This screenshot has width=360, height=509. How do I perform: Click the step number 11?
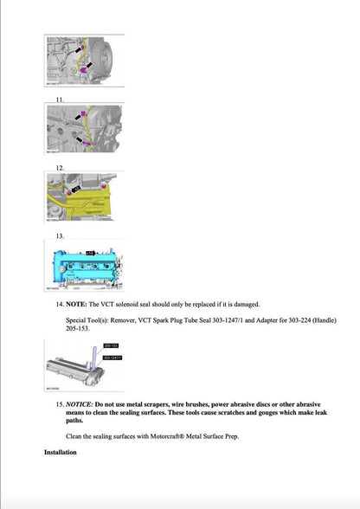click(x=60, y=100)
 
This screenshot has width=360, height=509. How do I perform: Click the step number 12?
click(x=60, y=167)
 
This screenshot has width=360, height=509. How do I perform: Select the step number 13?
click(x=60, y=235)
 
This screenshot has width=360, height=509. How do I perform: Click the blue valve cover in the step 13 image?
click(x=87, y=263)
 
